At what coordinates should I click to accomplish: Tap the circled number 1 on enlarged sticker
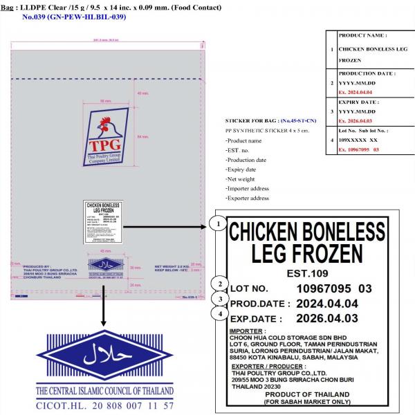point(219,225)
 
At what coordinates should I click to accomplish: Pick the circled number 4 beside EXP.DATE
point(220,315)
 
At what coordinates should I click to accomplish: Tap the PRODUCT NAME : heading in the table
point(362,35)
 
